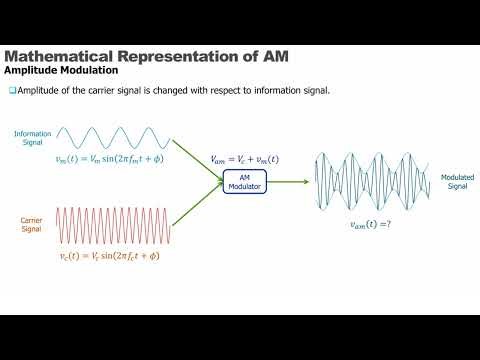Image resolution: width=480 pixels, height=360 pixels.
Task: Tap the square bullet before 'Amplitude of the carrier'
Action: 12,91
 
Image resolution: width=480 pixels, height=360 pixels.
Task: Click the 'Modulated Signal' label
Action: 457,182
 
